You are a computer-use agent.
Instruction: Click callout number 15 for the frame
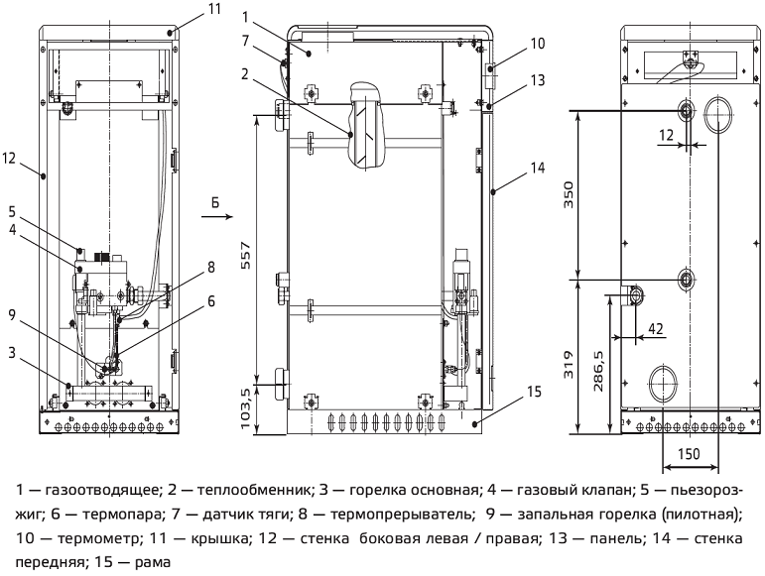coord(533,393)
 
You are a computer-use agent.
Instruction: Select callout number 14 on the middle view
coord(537,169)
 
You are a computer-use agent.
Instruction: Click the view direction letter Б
coord(215,201)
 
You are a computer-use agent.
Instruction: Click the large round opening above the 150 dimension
coord(662,380)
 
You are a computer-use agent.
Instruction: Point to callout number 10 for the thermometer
coord(537,43)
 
